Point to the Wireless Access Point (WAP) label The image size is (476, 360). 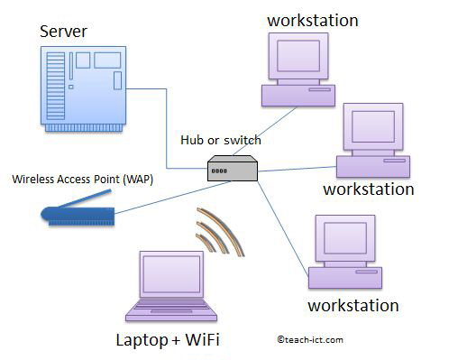pyautogui.click(x=82, y=179)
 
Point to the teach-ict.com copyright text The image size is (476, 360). pyautogui.click(x=311, y=340)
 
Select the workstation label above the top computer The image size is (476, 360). pyautogui.click(x=312, y=19)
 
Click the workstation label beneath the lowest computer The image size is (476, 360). pyautogui.click(x=352, y=305)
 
